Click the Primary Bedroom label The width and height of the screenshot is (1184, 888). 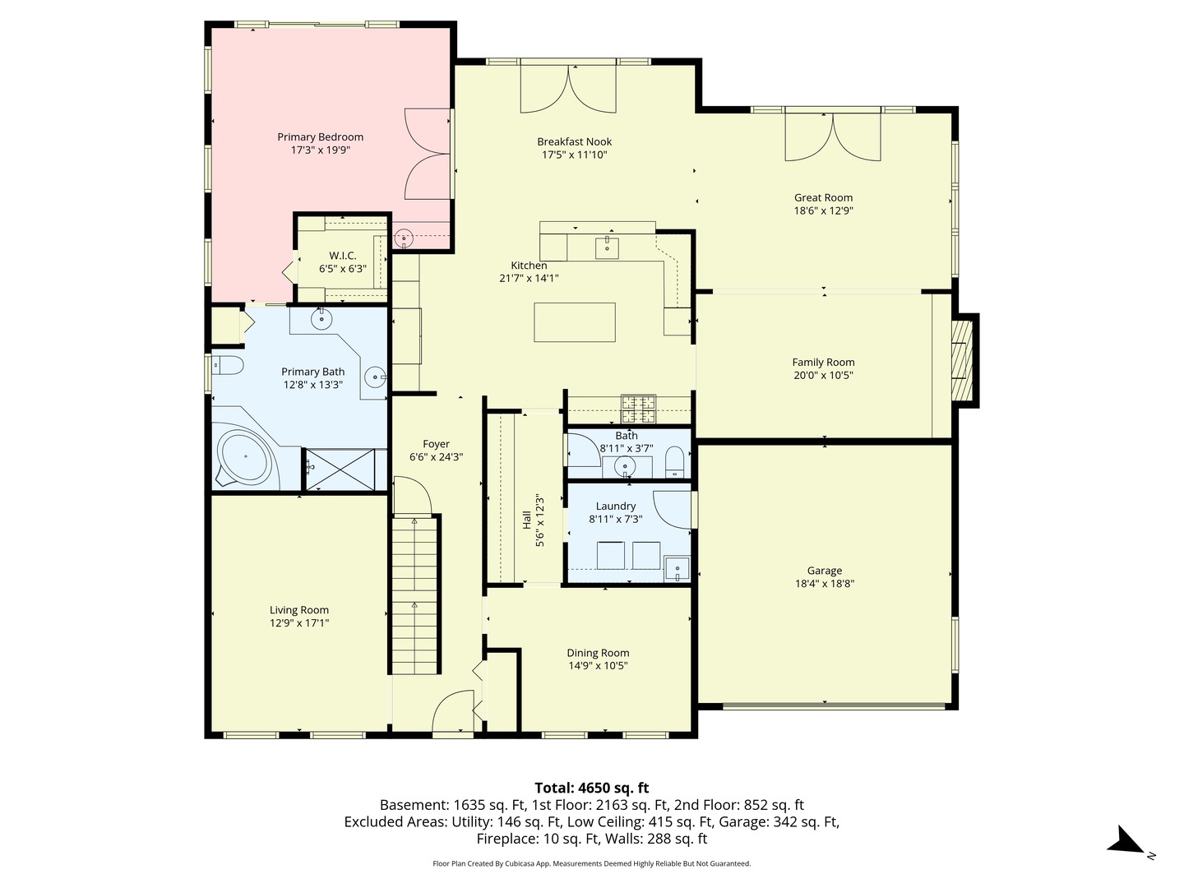320,137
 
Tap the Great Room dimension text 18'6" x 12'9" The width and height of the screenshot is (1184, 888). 823,210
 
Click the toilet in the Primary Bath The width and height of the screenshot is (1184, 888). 227,365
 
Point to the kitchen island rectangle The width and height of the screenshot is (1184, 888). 575,322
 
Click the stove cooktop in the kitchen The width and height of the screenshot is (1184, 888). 639,403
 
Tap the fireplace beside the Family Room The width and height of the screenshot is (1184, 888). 962,360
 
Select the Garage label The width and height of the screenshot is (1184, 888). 824,571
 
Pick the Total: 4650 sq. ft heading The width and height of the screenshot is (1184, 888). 591,788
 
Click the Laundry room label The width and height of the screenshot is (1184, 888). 616,506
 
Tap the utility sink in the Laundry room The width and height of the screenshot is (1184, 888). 677,568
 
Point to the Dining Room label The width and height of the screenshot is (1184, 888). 598,653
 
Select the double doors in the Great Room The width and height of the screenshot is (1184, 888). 833,136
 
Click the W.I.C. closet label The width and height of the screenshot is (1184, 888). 342,256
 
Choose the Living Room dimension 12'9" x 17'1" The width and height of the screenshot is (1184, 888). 299,623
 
